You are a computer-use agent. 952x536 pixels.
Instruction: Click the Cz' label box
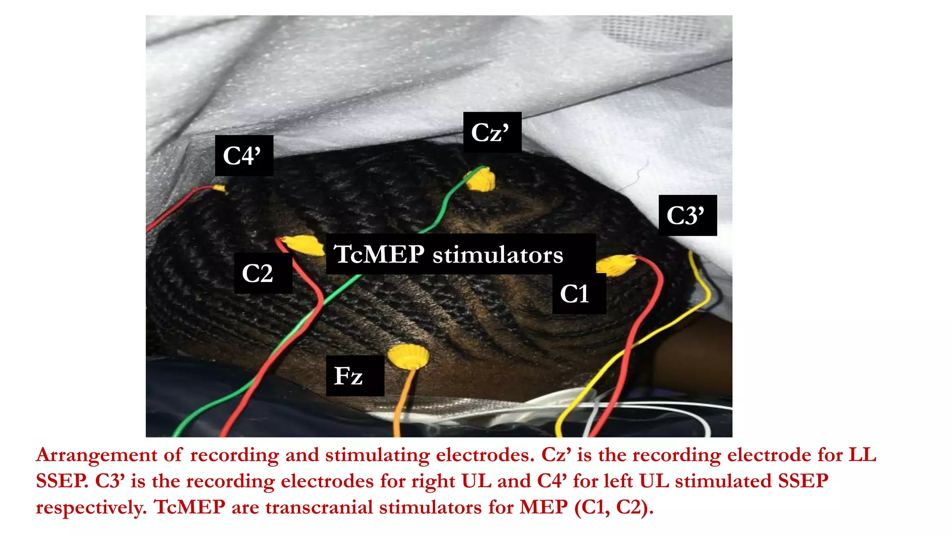[x=492, y=133]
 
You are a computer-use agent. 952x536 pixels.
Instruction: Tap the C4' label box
[x=244, y=156]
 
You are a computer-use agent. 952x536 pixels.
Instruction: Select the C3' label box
[x=687, y=215]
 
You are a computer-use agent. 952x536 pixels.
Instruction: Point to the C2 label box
[x=263, y=274]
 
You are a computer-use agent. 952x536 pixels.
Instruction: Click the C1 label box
[x=578, y=294]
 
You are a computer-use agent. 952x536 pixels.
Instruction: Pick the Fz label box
[x=355, y=376]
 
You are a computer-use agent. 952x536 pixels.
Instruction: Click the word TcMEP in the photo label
[x=379, y=255]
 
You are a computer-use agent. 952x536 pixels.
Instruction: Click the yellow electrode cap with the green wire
[x=482, y=180]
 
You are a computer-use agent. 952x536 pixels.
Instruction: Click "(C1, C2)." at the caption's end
[x=614, y=507]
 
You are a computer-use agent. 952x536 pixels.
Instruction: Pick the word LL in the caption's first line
[x=862, y=455]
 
